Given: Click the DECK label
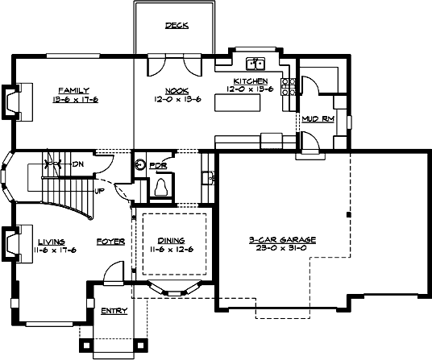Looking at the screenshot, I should coord(177,26).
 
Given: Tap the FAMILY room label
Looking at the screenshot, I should coord(73,90).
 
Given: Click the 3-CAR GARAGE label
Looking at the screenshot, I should coord(281,240).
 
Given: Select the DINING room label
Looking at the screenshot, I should coord(171,240).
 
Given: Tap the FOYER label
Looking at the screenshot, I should coord(110,241).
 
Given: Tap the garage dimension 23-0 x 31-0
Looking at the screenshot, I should coord(281,249).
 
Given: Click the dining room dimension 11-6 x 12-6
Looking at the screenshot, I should coord(171,249).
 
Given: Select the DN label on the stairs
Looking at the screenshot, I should coord(79,164).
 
